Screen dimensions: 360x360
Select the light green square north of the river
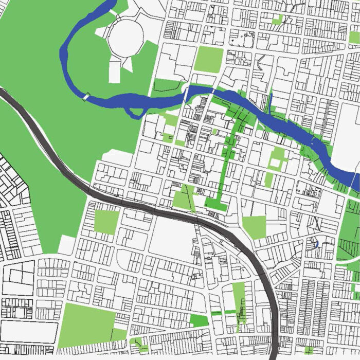(x=209, y=59)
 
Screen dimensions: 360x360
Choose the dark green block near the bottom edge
(x=199, y=320)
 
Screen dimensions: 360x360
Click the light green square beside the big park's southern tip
(x=106, y=222)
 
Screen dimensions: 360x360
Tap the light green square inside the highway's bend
(x=254, y=227)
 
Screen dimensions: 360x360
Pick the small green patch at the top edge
(x=277, y=20)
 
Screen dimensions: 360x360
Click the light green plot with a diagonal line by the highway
(x=184, y=197)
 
